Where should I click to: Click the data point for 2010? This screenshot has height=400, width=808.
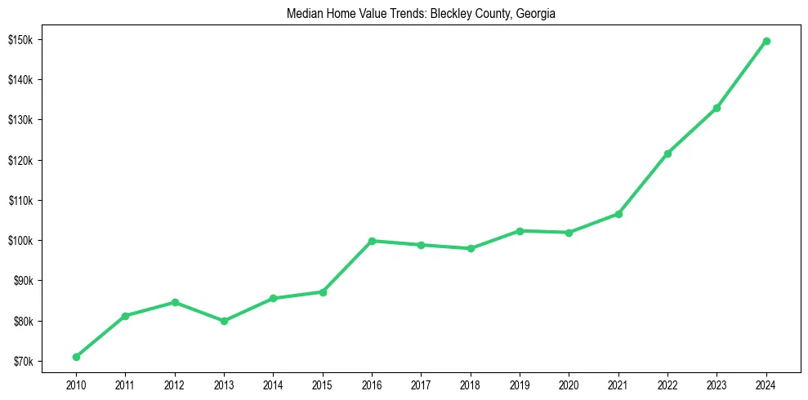[x=76, y=357]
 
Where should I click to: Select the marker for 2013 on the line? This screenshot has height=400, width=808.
[x=224, y=321]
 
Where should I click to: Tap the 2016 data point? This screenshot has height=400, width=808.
[x=372, y=241]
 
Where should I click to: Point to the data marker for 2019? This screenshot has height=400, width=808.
[x=520, y=231]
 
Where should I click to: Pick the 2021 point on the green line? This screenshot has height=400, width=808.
[x=618, y=214]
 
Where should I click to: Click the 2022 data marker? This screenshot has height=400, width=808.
[x=667, y=153]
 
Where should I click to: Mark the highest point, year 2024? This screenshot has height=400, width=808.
[x=766, y=41]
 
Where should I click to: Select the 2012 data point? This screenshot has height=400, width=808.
[x=175, y=302]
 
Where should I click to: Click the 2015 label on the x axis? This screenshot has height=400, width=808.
[x=323, y=383]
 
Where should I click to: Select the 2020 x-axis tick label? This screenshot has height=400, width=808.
[x=569, y=383]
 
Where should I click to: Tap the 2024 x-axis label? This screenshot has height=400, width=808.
[x=766, y=383]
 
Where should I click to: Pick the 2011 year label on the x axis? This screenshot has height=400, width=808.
[x=125, y=383]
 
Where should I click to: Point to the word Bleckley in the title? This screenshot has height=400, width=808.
[x=441, y=14]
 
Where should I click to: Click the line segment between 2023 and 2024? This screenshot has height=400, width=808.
[x=742, y=74]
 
